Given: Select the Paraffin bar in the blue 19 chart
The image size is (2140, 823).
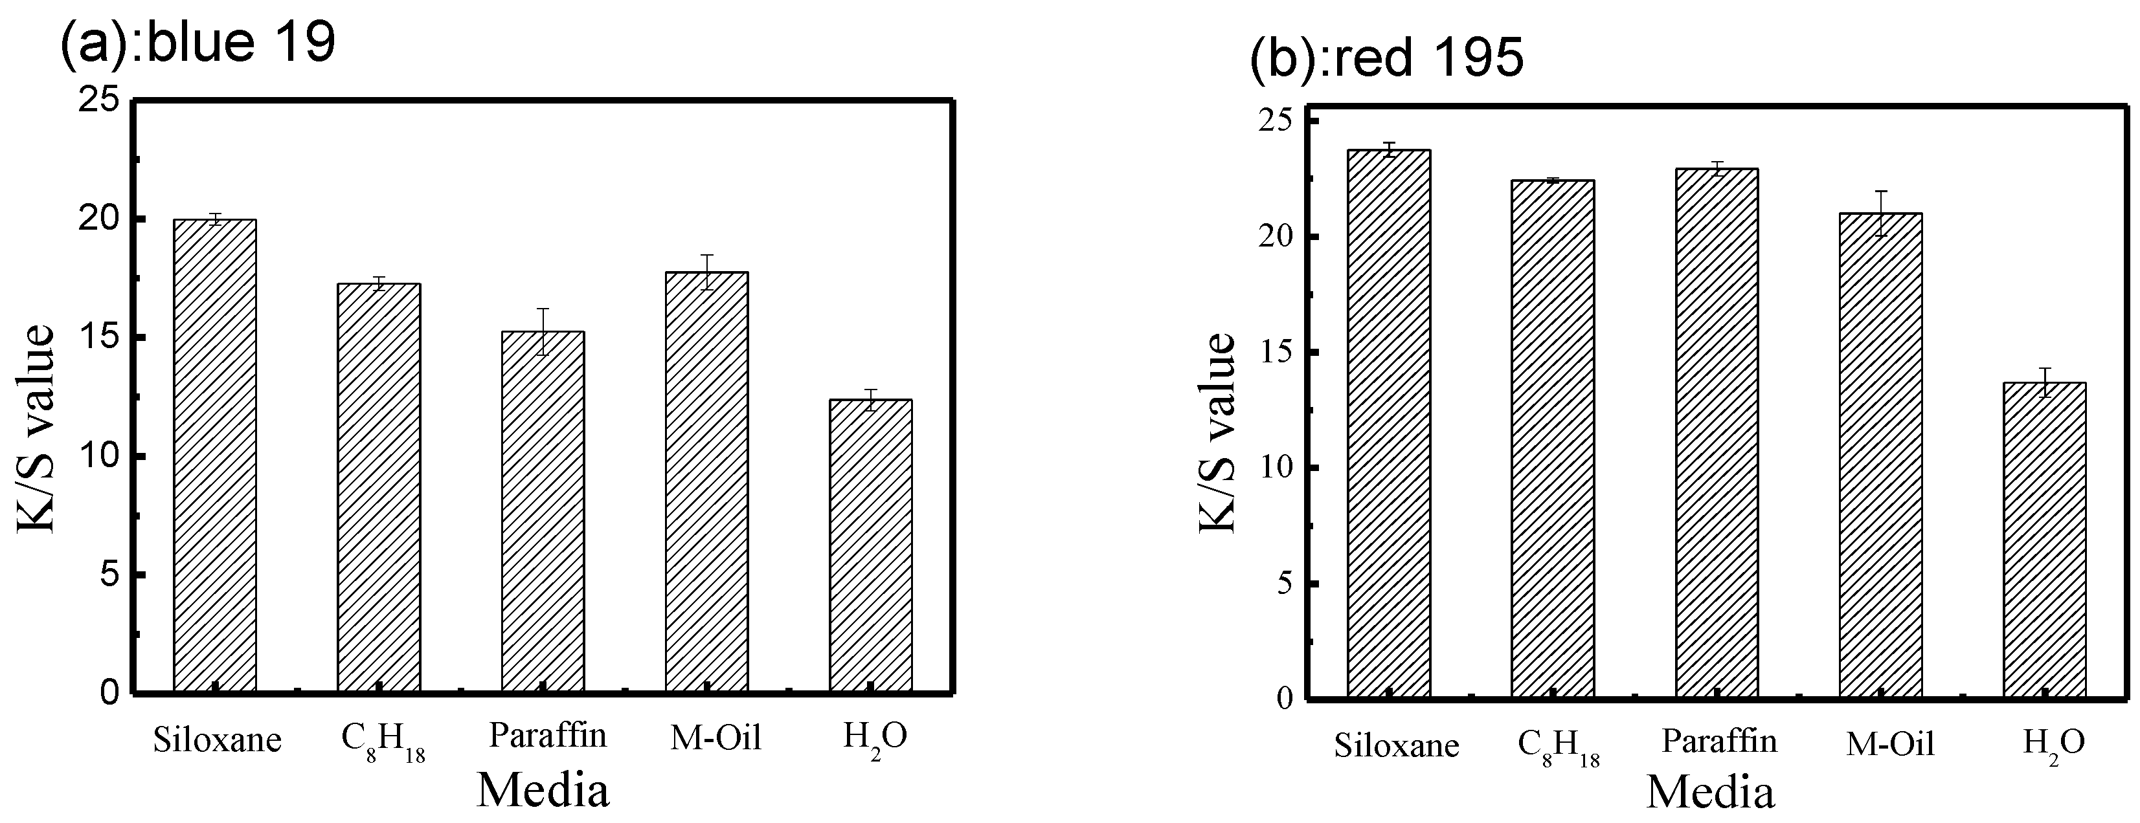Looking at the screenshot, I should pyautogui.click(x=543, y=510).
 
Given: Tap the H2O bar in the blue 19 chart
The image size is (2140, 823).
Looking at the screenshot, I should pyautogui.click(x=871, y=545).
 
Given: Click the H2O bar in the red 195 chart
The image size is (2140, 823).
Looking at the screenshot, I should pyautogui.click(x=2044, y=539).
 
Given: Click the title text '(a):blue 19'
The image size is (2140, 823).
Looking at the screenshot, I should pyautogui.click(x=197, y=41).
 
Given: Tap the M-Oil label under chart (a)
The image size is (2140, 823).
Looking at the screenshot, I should pyautogui.click(x=715, y=738).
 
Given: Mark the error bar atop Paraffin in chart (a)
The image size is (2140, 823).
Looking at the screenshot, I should pyautogui.click(x=543, y=331).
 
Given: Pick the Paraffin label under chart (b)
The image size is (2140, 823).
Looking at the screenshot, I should pyautogui.click(x=1719, y=741).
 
